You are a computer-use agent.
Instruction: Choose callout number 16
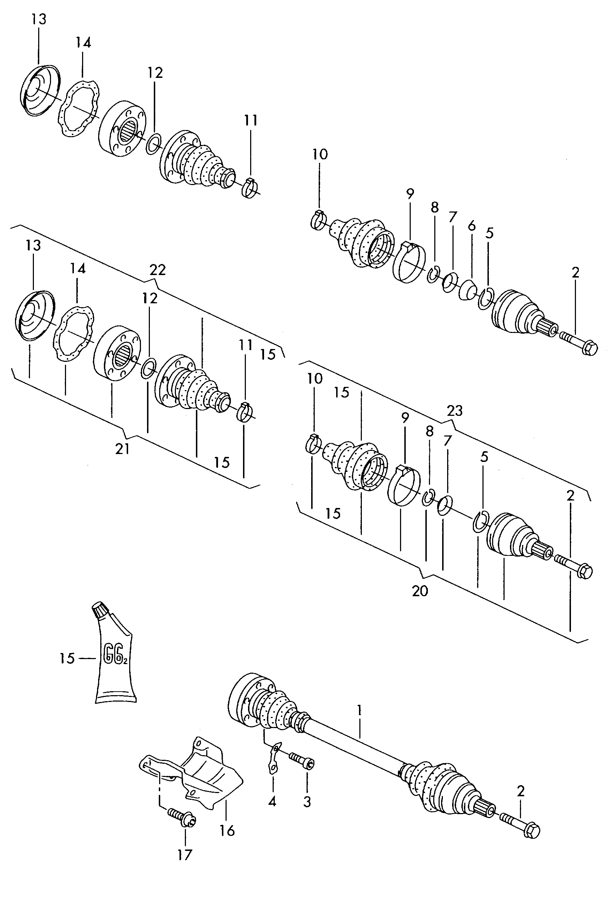227,830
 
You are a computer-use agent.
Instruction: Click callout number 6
471,225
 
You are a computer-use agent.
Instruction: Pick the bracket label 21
122,449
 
